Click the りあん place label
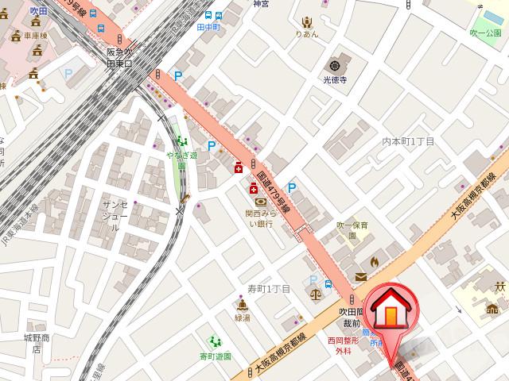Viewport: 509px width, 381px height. tap(307, 34)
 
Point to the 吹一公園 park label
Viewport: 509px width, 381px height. tap(485, 33)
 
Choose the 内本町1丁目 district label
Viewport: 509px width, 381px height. tap(408, 141)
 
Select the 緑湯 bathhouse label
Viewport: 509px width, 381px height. tap(242, 317)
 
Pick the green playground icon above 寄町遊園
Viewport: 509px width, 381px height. tap(212, 341)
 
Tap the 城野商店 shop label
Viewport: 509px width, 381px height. tap(36, 343)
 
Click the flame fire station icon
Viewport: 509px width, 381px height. tap(375, 260)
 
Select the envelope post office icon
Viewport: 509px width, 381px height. tap(361, 276)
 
